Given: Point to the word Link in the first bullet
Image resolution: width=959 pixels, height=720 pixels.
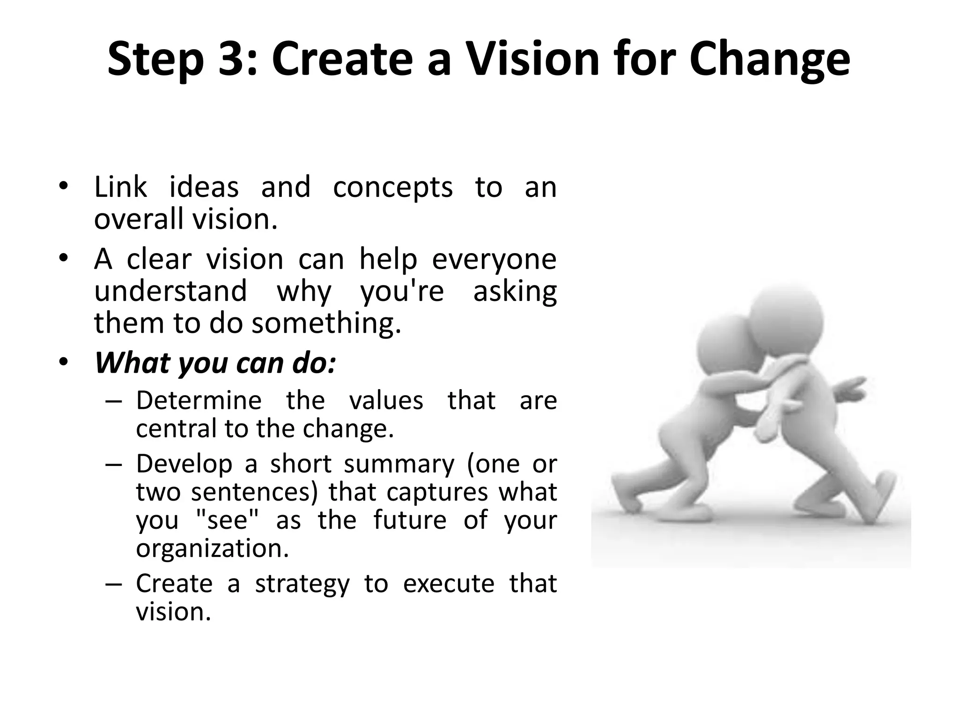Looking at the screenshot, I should click(120, 187).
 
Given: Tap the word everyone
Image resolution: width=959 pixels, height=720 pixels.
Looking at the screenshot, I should click(494, 260).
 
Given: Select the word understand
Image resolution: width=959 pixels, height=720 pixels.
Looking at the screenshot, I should click(170, 291).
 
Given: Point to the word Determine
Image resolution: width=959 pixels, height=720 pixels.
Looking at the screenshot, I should click(199, 401).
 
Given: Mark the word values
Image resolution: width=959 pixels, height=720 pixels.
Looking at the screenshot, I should click(386, 401).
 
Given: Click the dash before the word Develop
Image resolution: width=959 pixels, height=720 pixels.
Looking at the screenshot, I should click(113, 465).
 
